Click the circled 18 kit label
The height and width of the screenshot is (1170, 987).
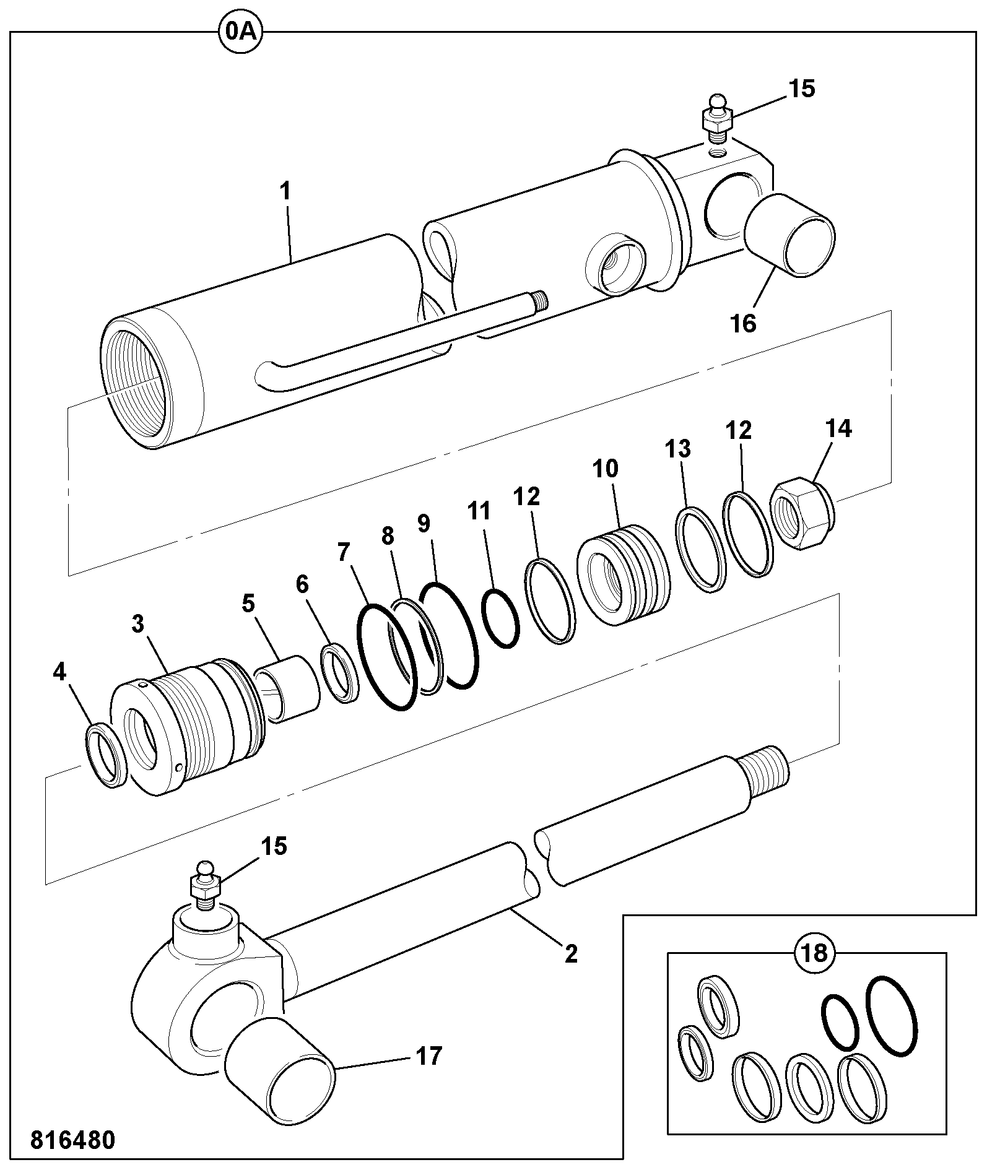pos(814,953)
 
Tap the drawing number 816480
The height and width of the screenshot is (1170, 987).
pos(72,1140)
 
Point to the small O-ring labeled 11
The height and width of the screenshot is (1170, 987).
pos(501,618)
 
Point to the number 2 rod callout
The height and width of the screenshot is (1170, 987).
pos(571,953)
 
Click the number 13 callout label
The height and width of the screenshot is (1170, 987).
pos(678,448)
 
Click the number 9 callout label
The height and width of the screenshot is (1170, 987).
pos(424,524)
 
